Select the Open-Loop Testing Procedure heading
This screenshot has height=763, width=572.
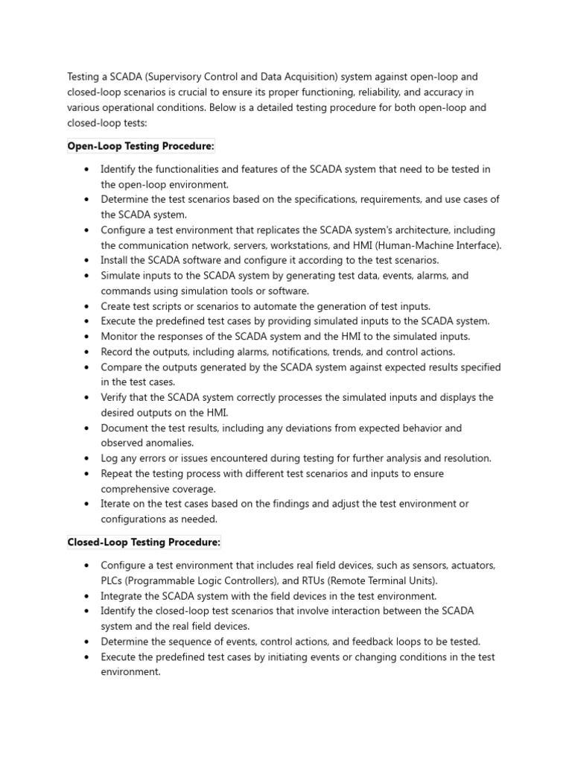click(140, 145)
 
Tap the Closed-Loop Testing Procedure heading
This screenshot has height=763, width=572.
click(144, 542)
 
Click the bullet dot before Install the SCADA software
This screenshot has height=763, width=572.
click(87, 261)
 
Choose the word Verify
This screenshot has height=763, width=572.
click(115, 397)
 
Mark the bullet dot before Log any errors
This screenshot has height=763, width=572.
click(87, 458)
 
